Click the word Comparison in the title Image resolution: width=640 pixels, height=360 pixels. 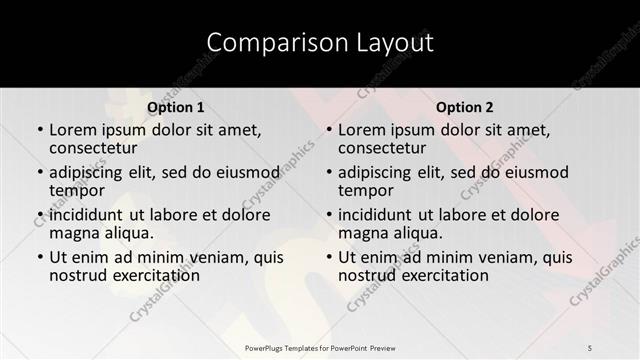pos(263,42)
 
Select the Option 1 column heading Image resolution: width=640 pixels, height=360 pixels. pos(176,107)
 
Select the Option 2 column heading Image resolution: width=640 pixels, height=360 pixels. pos(465,107)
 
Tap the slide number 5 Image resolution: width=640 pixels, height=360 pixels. pos(591,347)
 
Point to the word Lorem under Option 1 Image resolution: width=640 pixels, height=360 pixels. pos(73,129)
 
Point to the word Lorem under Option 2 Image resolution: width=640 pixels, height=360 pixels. pos(362,129)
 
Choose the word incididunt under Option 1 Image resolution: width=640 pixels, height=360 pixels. pos(89,215)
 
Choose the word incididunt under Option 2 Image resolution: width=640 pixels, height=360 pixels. pos(378,215)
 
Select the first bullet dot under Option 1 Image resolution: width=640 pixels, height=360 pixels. pos(39,130)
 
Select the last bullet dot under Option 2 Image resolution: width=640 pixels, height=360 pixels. pos(328,258)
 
